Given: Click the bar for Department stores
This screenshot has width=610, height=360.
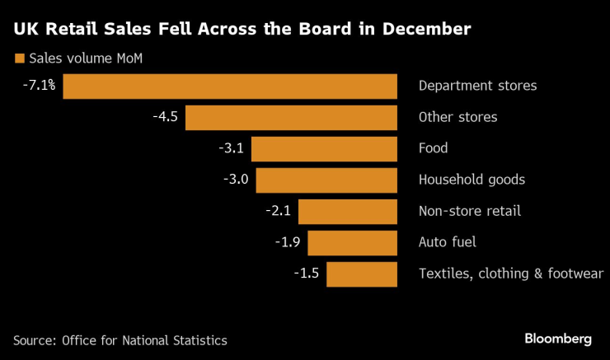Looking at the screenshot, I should (230, 86).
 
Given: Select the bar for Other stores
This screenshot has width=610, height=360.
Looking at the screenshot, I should (291, 117).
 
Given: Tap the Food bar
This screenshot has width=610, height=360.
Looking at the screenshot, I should (324, 148).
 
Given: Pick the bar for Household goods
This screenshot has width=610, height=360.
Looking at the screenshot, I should (326, 180).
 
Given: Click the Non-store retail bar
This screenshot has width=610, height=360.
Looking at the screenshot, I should (347, 211).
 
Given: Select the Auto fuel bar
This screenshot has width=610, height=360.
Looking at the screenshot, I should (352, 242).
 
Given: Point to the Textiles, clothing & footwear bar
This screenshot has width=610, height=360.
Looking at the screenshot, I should (362, 274).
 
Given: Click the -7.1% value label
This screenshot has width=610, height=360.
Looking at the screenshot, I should (39, 85).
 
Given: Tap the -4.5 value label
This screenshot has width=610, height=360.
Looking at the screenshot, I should (165, 117).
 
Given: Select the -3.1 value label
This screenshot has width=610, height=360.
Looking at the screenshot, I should (231, 148).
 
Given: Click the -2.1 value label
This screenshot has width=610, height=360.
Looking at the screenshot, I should (278, 211).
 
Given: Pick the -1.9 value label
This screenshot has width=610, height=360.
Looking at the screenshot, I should (287, 242).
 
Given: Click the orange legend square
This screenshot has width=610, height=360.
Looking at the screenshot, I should (18, 58).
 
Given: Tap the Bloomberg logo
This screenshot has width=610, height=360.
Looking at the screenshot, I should (558, 339).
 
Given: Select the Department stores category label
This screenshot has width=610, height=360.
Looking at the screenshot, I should (477, 86).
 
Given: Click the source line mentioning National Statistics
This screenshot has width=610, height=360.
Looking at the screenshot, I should (120, 340).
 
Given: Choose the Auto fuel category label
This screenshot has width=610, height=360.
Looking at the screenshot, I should (448, 242).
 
